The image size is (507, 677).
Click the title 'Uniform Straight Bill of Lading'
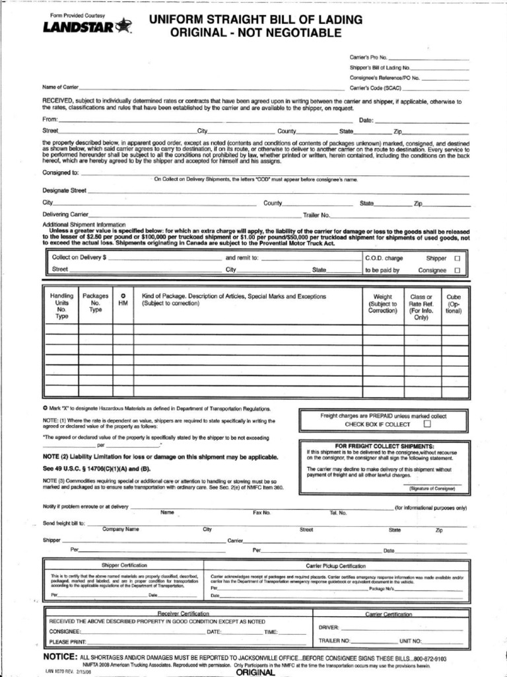point(256,20)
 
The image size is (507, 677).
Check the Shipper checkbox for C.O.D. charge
point(456,259)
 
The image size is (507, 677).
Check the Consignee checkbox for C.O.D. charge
point(456,270)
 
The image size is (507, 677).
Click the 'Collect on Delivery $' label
point(79,258)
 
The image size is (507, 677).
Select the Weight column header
point(382,303)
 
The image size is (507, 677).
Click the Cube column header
point(454,303)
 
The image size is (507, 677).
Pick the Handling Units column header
point(62,306)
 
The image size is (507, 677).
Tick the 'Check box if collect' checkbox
point(426,424)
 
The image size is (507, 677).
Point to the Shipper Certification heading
point(124,565)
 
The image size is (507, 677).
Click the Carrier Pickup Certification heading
point(335,565)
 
